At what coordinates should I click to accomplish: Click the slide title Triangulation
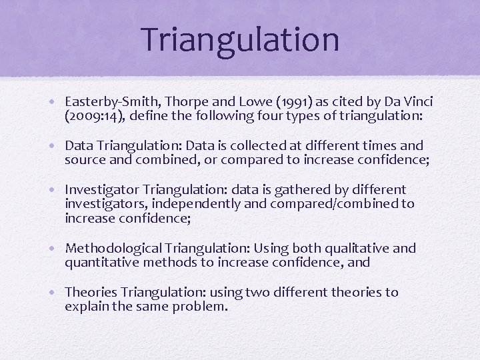240,39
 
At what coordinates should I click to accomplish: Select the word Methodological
113,249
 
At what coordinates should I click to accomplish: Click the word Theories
91,293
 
